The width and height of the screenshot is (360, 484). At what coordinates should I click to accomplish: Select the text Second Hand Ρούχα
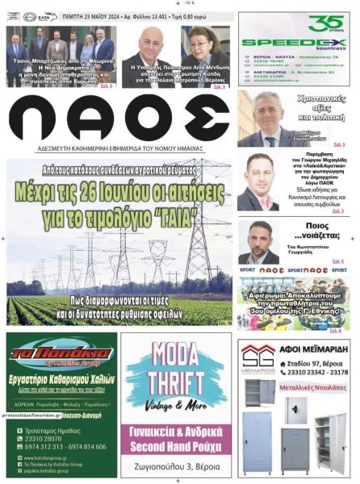pos(179,438)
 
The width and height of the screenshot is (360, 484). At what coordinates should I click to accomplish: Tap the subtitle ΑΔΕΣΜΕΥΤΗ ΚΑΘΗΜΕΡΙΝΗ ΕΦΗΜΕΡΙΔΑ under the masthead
pos(119,148)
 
